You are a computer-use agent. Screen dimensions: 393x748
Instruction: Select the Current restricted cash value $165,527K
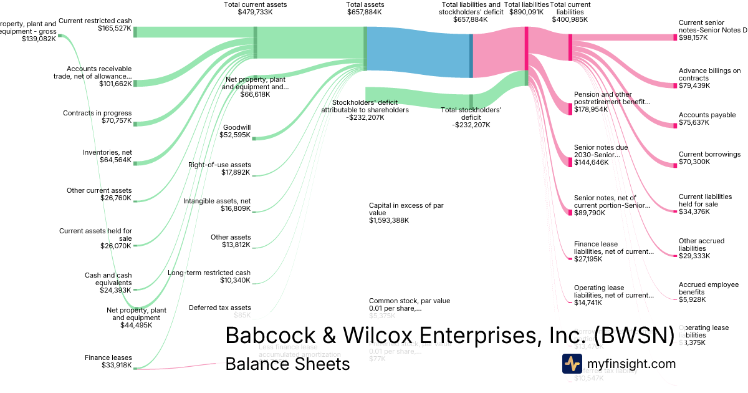115,29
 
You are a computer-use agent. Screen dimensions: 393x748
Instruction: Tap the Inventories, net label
107,152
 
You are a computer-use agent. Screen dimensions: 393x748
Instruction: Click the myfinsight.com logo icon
572,364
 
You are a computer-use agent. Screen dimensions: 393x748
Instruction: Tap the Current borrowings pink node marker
674,165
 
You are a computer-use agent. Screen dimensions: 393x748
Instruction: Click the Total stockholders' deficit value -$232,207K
471,125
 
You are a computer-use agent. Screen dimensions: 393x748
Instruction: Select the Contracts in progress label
97,114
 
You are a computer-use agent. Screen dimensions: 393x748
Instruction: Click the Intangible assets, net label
217,201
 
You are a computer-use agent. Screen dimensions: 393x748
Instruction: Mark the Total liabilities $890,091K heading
529,8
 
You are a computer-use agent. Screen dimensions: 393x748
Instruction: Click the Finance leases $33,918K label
108,361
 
